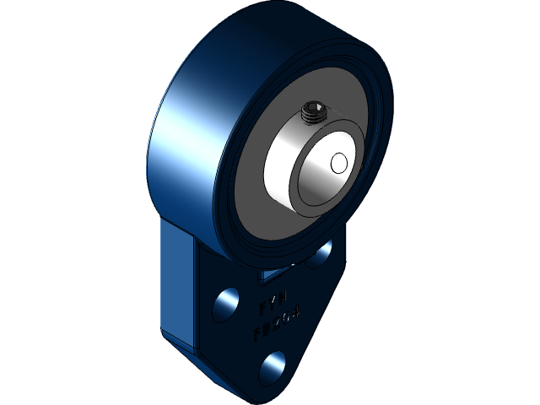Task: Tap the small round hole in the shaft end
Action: pos(339,162)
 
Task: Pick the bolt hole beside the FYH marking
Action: pos(225,303)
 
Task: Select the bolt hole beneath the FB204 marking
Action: pos(272,366)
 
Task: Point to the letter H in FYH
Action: pos(285,296)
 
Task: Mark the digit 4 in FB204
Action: pos(298,314)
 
